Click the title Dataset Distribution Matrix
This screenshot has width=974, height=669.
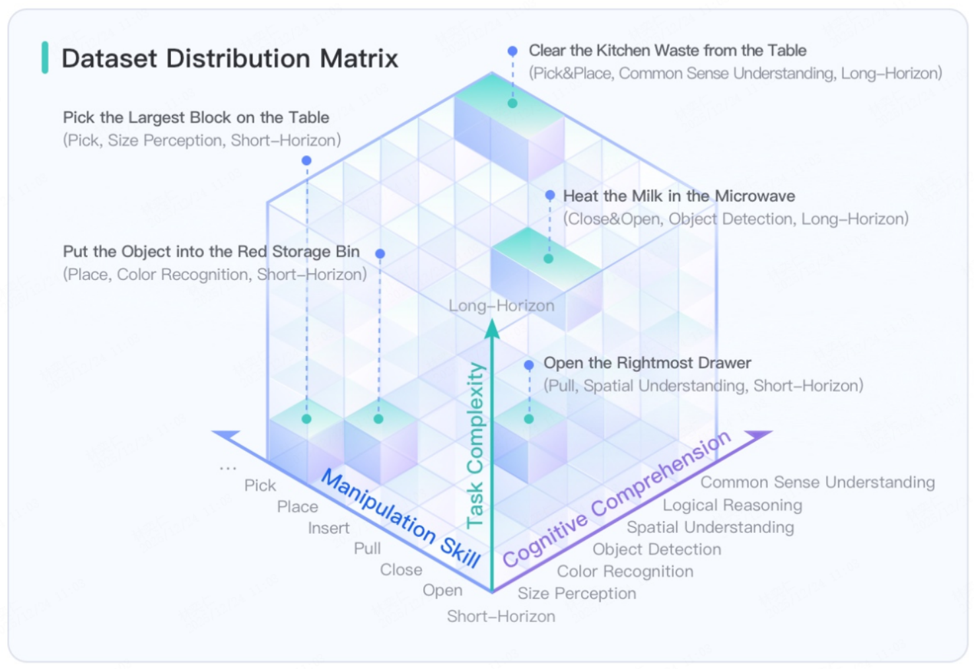230,58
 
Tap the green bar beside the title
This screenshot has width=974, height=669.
45,57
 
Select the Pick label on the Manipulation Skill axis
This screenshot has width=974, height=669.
260,485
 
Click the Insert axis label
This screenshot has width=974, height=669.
329,528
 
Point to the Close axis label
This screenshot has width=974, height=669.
401,570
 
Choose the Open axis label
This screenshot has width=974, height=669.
442,590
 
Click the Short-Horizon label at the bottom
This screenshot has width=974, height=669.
501,616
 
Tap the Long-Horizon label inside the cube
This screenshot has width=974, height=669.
502,306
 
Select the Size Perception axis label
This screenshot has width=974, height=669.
577,593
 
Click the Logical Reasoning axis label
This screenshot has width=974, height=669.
732,505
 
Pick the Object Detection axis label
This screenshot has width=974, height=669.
657,549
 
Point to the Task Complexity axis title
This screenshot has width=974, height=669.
475,445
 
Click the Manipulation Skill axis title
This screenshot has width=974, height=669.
401,518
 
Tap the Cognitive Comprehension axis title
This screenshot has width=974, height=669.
617,499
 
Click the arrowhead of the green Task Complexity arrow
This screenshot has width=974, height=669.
492,328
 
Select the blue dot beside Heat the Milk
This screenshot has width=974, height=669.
550,195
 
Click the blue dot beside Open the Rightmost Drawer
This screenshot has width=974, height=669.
529,365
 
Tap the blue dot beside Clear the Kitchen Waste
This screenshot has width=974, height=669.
512,51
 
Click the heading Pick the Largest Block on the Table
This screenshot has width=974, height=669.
196,118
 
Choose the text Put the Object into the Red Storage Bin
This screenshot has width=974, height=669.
211,252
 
